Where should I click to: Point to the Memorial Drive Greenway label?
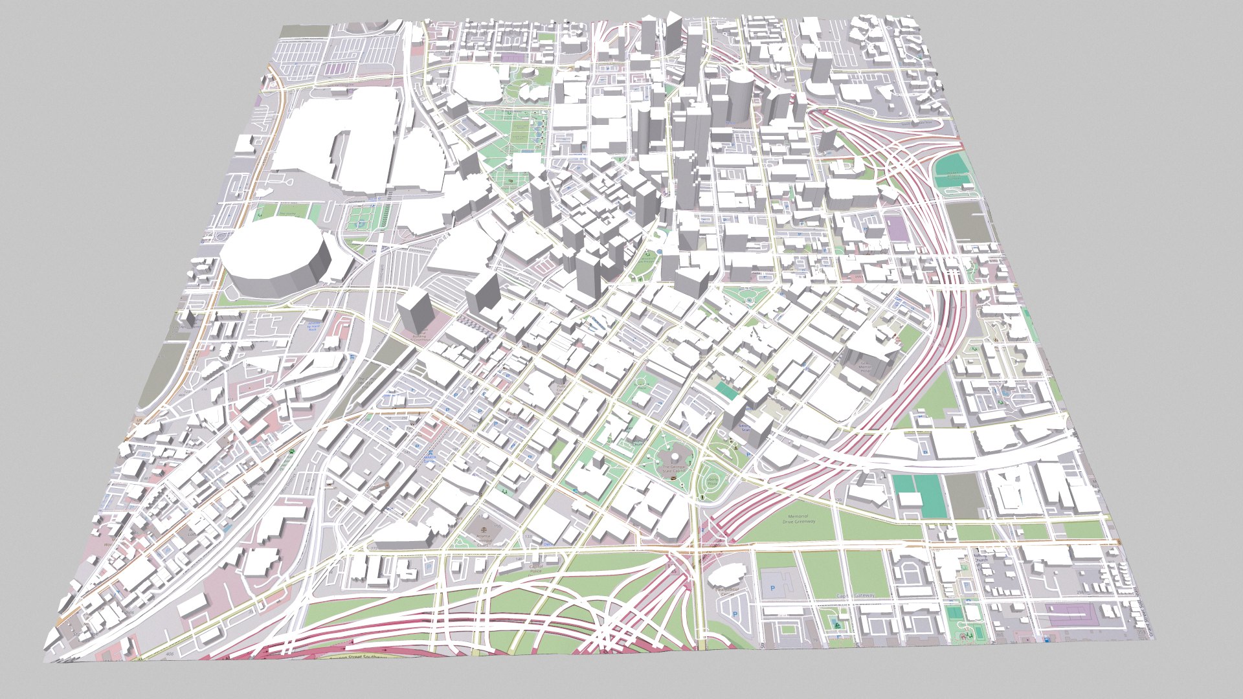[798, 519]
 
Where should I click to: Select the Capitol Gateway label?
[855, 595]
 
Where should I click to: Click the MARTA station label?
[429, 458]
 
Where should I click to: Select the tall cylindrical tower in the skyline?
[738, 97]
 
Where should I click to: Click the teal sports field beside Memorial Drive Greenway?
[919, 495]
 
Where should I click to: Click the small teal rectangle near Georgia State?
[726, 390]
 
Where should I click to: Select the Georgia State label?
[745, 428]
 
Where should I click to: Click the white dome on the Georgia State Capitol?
[667, 456]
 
